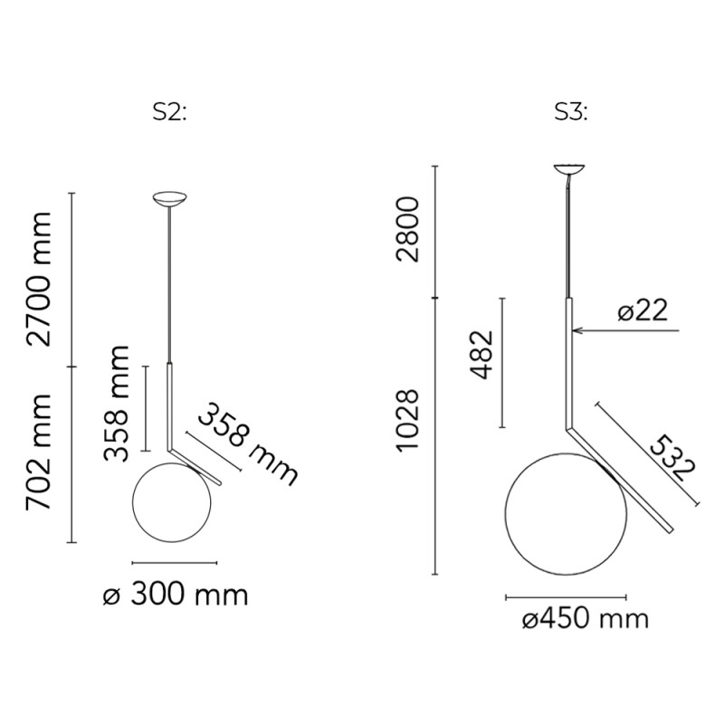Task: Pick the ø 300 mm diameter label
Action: pyautogui.click(x=175, y=595)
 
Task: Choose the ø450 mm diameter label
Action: pyautogui.click(x=586, y=619)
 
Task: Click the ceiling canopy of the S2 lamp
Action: pyautogui.click(x=169, y=199)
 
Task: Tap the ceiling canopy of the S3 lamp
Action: pyautogui.click(x=569, y=168)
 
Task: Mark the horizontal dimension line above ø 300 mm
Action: pyautogui.click(x=174, y=562)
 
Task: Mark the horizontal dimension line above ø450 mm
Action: pyautogui.click(x=566, y=597)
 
